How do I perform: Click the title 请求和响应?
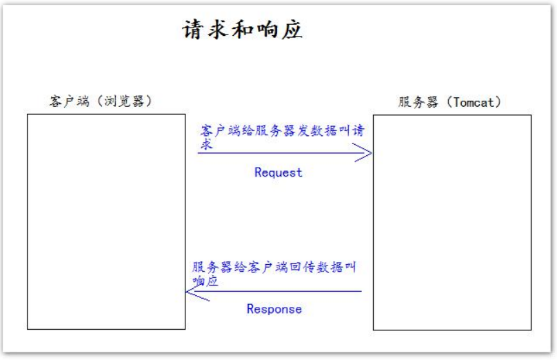(x=242, y=29)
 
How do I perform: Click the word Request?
(x=278, y=172)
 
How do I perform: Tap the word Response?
(x=274, y=309)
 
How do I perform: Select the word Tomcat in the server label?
(x=474, y=102)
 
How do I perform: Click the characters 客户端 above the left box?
(x=69, y=101)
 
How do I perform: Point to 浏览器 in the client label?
(x=124, y=101)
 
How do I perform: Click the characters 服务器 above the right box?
(x=418, y=102)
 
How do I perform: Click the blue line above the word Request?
(x=285, y=153)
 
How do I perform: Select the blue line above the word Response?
(x=274, y=292)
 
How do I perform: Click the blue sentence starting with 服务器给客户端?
(x=274, y=274)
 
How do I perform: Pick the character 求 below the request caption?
(x=206, y=144)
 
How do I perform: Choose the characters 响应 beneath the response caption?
(x=205, y=281)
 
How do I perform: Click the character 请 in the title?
(x=194, y=29)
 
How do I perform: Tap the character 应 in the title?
(x=292, y=29)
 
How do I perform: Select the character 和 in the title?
(x=243, y=30)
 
